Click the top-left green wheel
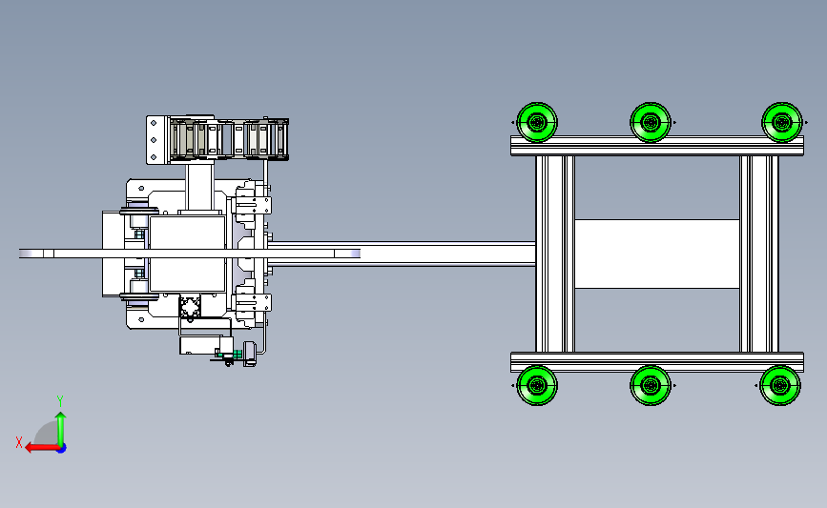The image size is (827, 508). coord(537,122)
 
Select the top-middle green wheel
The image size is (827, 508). coord(651,122)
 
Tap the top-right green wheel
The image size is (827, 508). coord(781,122)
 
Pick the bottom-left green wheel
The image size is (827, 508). coord(537,385)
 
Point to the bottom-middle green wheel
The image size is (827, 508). coord(651,385)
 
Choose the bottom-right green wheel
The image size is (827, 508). coord(780,385)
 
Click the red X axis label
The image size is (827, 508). coord(19,442)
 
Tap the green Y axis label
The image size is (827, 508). coord(60,401)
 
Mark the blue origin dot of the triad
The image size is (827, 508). coord(61,448)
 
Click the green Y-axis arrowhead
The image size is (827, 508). coord(61,417)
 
